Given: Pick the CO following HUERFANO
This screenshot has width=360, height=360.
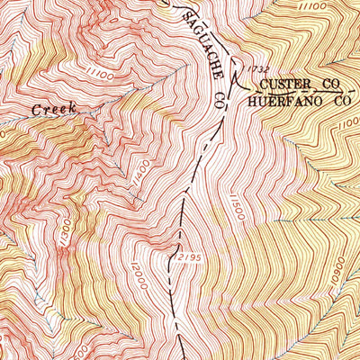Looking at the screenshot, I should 341,102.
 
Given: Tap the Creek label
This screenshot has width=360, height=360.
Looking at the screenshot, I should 54,109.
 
